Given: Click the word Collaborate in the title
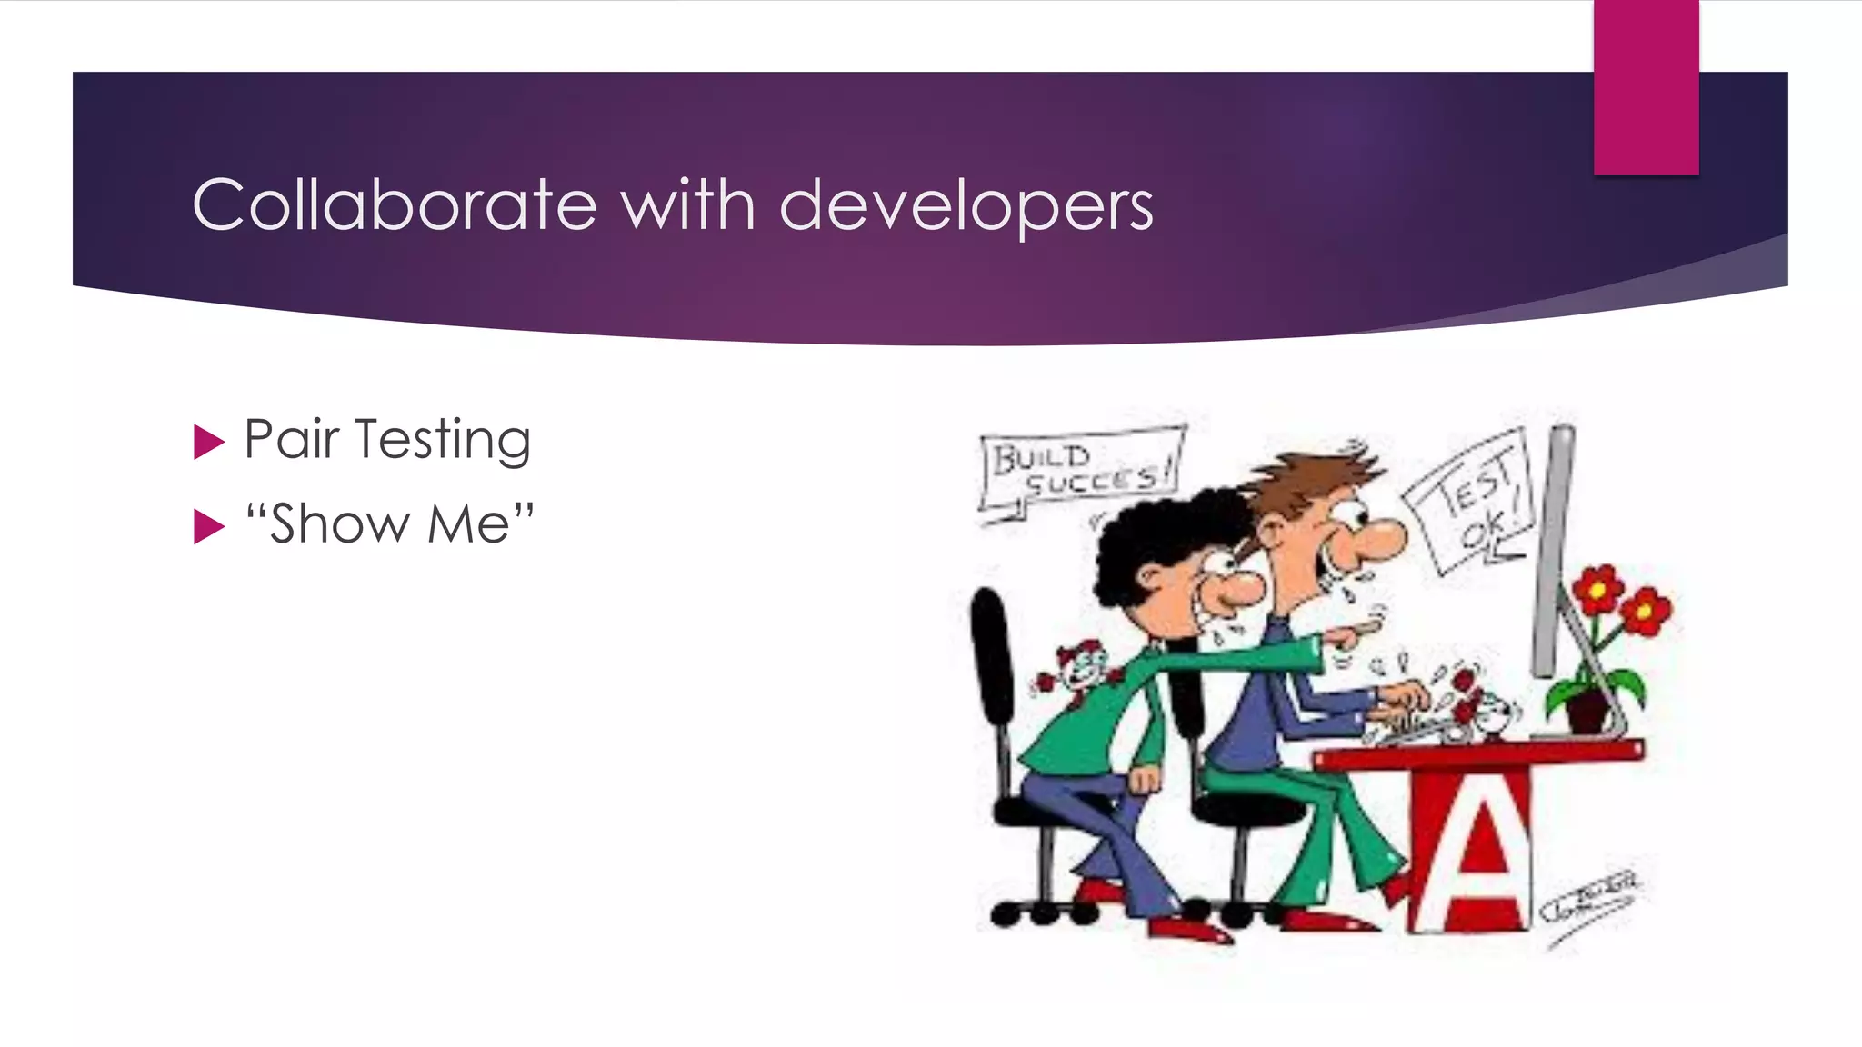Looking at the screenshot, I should coord(395,205).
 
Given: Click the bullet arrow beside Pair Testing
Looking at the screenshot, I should coord(208,443).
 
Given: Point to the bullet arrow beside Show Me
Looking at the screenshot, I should coord(208,526).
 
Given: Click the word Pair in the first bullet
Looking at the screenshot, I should coord(291,440).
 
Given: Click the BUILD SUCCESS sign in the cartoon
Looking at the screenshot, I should coord(1080,470).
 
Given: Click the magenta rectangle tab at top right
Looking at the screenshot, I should coord(1646,87).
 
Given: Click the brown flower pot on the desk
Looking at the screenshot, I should coord(1587,710).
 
